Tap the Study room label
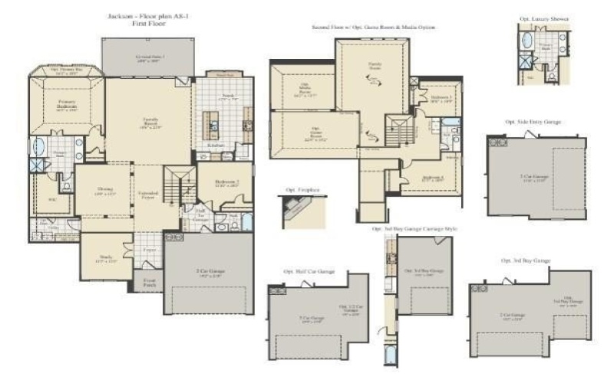point(106,258)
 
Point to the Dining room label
point(105,190)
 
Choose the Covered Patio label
point(150,57)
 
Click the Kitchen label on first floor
point(216,145)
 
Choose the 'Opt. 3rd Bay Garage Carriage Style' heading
point(414,229)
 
